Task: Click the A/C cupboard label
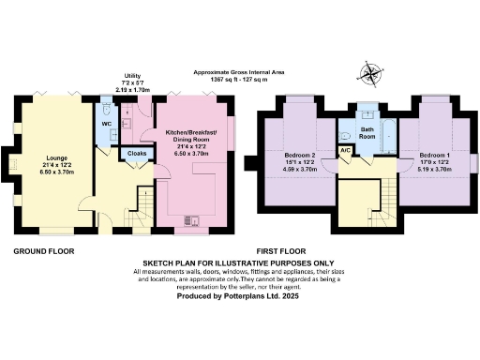(345, 150)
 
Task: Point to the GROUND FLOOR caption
(43, 251)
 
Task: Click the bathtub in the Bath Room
(388, 136)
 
